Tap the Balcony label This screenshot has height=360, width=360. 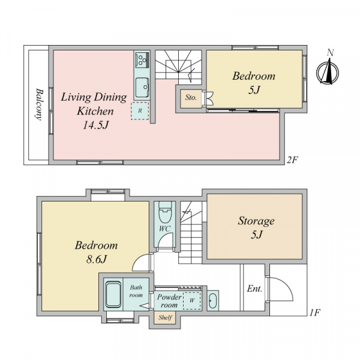coord(39,104)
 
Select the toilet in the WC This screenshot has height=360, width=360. coord(165,212)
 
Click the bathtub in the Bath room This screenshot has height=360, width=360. coord(113,295)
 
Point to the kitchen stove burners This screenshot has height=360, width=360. coord(142,59)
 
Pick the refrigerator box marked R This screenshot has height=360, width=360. coord(140,110)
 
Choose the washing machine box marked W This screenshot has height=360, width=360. coord(192,301)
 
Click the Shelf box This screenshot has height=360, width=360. coord(165,318)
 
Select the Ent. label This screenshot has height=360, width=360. coord(254,289)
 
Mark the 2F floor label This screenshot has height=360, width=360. coord(292,160)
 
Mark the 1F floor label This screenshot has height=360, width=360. coord(314,313)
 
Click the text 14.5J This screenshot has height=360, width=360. coord(95,125)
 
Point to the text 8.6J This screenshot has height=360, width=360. coord(97,260)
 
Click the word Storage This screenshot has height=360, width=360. coord(256,221)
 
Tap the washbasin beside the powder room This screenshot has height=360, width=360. coord(212,301)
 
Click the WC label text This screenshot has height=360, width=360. coord(164,229)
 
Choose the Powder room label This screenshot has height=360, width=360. coord(169,301)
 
